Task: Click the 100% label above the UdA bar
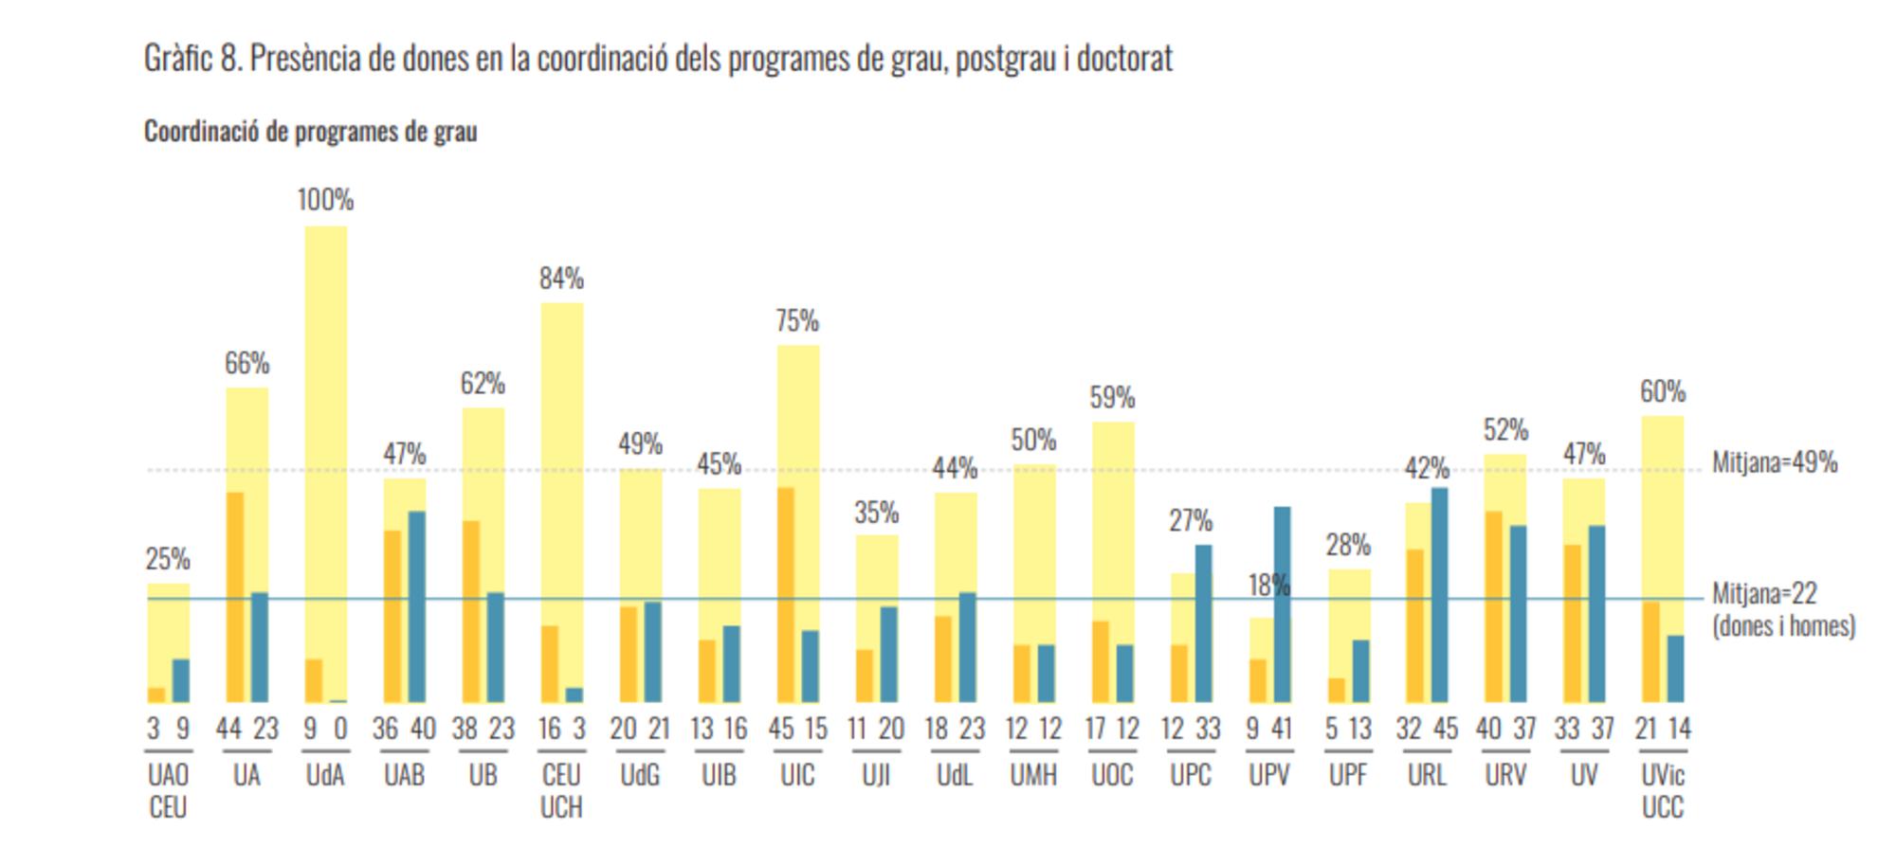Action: click(x=325, y=200)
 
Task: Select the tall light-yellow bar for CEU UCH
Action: click(x=562, y=455)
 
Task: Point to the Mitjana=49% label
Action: click(x=1775, y=462)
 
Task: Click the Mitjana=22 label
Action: click(x=1764, y=594)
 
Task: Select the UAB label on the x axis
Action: click(x=404, y=775)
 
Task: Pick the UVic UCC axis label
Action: click(x=1663, y=791)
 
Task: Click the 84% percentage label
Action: click(x=561, y=279)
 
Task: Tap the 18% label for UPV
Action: click(x=1268, y=586)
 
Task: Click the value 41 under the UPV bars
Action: click(x=1282, y=729)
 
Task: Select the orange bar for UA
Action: click(x=234, y=597)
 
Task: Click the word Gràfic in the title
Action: click(x=177, y=59)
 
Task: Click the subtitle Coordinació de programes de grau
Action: click(x=310, y=131)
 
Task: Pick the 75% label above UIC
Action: click(x=797, y=321)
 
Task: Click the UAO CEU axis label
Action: click(x=168, y=791)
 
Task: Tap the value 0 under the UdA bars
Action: click(x=340, y=729)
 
